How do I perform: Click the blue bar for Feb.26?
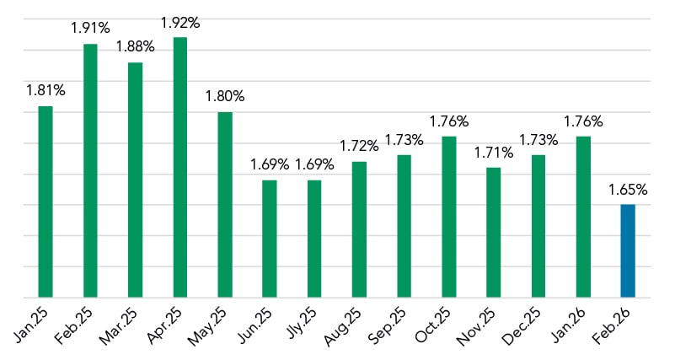[x=628, y=250]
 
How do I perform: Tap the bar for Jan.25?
[x=46, y=201]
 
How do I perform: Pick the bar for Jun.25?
[x=270, y=239]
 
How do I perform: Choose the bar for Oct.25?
[x=449, y=217]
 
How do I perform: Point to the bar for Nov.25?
[x=494, y=232]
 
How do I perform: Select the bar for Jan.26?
[x=583, y=217]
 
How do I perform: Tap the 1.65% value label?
[x=628, y=188]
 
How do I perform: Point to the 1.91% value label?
[x=90, y=27]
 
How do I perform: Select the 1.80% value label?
[x=225, y=96]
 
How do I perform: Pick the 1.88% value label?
[x=135, y=46]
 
